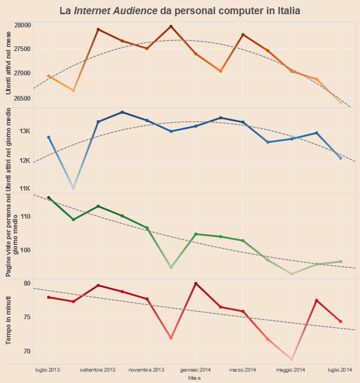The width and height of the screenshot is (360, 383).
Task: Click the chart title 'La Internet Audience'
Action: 180,10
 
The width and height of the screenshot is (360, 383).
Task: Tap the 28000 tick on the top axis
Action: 23,25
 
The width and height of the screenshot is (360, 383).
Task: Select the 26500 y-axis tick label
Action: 23,98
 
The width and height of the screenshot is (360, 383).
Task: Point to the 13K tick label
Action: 25,131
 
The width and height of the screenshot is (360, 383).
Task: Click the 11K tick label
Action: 25,188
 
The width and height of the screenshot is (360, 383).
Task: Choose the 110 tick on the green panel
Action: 26,217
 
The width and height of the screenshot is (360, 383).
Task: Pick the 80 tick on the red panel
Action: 28,283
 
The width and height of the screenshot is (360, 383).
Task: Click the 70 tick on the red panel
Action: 28,351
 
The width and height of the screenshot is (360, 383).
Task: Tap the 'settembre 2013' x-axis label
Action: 98,370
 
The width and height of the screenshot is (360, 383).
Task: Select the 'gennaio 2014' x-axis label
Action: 195,370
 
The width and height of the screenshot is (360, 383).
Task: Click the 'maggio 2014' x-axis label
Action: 292,370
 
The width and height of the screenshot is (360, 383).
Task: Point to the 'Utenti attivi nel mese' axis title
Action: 8,62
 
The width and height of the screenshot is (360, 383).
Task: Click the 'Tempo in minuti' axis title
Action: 8,320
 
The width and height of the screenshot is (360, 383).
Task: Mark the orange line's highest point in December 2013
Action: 171,26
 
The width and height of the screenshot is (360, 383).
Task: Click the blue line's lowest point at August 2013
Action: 74,188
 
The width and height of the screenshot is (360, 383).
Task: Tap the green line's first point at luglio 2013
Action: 49,198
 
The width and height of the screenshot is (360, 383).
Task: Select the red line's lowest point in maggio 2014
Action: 292,359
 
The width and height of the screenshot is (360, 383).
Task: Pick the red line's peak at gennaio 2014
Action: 196,283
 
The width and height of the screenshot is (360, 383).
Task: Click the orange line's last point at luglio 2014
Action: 341,102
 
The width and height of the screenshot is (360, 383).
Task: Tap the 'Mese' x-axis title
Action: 194,378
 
